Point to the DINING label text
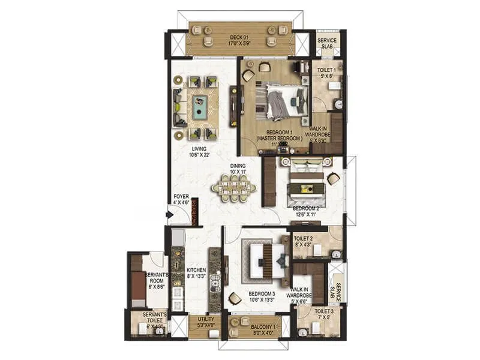tap(238, 170)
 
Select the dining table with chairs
tap(234, 188)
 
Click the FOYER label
tap(181, 199)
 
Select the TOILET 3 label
tap(324, 315)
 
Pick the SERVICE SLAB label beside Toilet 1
tap(327, 43)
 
